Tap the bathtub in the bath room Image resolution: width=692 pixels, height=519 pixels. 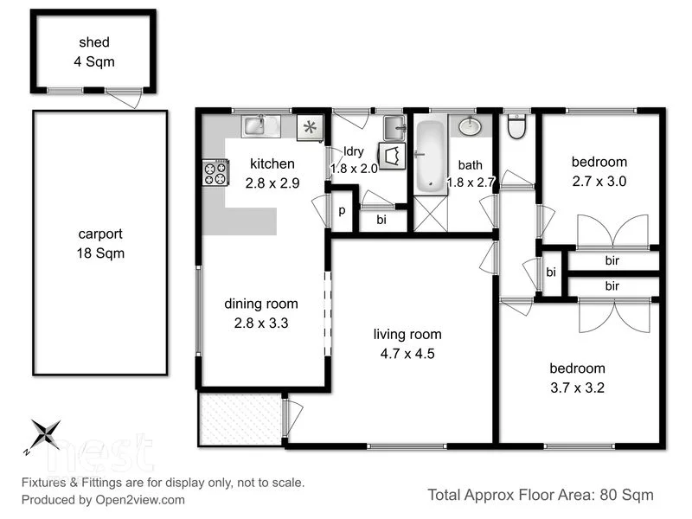click(429, 156)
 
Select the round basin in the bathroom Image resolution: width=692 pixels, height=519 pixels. click(470, 127)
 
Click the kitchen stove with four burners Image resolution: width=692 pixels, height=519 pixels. click(215, 173)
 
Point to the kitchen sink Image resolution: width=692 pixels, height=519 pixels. click(255, 126)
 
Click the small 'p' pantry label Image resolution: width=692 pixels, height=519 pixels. click(342, 210)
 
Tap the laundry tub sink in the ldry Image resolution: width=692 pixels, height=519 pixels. click(394, 126)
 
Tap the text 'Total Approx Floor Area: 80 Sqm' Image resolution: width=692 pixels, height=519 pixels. click(541, 495)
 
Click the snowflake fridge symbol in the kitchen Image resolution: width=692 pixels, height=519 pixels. click(309, 128)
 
